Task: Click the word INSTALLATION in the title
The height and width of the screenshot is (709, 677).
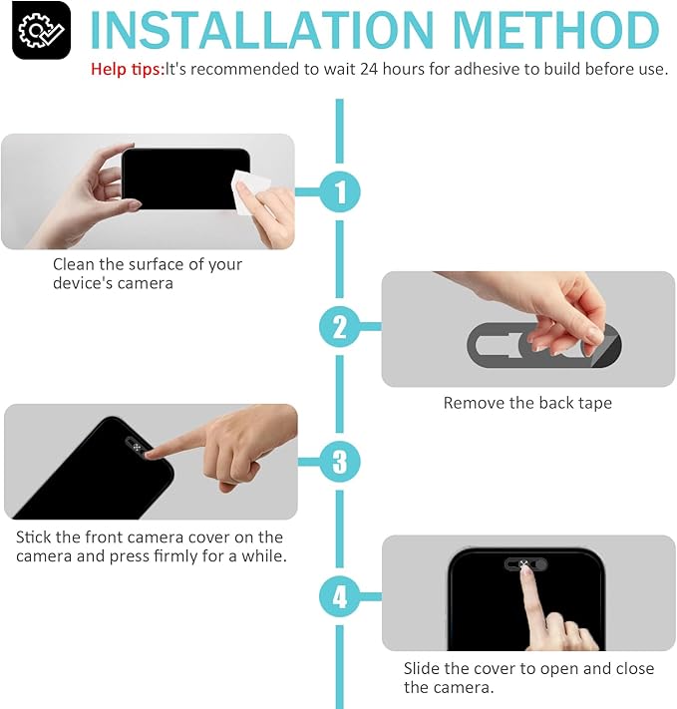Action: (262, 30)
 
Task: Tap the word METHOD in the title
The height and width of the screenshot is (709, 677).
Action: (555, 30)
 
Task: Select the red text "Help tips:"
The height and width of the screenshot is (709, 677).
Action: (127, 69)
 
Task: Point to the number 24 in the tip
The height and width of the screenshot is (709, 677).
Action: (369, 69)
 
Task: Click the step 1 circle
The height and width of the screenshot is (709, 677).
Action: (340, 191)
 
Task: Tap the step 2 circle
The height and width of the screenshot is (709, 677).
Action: (339, 326)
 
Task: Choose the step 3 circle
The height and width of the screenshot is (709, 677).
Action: (340, 462)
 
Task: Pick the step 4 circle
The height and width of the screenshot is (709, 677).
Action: (339, 596)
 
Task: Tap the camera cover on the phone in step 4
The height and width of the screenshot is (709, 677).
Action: (525, 564)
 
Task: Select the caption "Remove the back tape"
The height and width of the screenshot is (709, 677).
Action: (527, 403)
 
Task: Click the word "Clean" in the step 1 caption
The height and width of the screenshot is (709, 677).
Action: (74, 264)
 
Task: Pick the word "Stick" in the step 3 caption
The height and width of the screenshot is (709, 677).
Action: (33, 536)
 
